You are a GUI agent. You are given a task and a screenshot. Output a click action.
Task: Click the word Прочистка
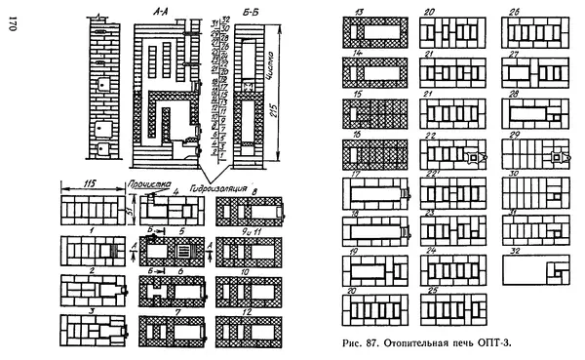(x=149, y=182)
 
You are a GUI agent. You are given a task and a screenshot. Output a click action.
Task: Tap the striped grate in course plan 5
(x=175, y=248)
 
